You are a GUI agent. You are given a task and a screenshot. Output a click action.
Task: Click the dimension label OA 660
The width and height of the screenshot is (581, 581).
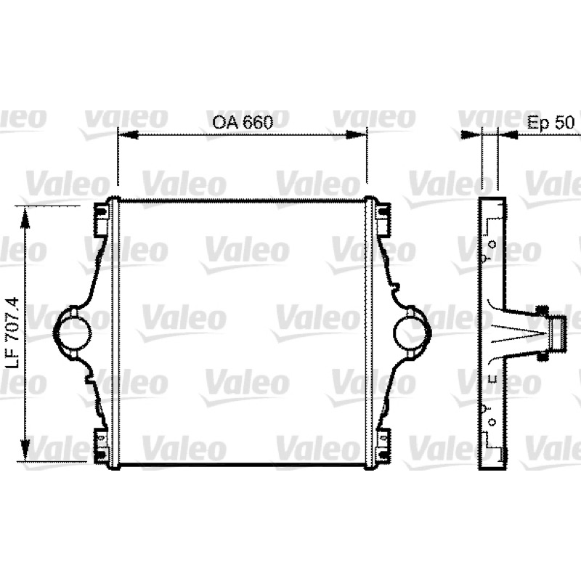[x=243, y=122]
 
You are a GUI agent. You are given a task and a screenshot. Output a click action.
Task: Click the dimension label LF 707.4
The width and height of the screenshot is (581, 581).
[x=12, y=333]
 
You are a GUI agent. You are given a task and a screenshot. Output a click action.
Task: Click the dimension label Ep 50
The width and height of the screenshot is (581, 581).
[x=550, y=123]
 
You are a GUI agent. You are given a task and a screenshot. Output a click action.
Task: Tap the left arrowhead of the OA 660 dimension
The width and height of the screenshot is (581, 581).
[x=128, y=135]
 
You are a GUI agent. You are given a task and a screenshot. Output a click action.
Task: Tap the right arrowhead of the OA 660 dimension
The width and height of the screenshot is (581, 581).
[x=356, y=135]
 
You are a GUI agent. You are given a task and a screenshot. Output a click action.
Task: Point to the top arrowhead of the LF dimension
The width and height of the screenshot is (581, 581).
[x=25, y=219]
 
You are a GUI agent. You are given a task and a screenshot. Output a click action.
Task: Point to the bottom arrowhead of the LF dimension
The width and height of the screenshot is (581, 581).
[x=25, y=449]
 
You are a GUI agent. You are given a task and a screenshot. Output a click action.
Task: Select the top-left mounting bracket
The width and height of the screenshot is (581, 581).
[x=101, y=220]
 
